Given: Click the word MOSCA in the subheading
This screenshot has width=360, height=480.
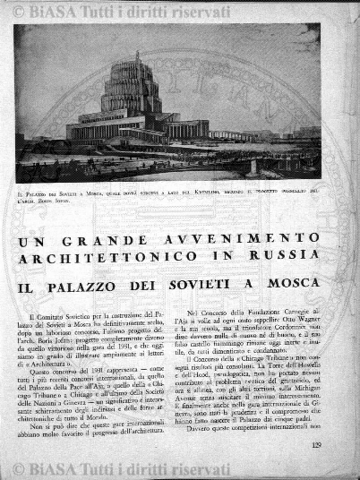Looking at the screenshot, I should (292, 283).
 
